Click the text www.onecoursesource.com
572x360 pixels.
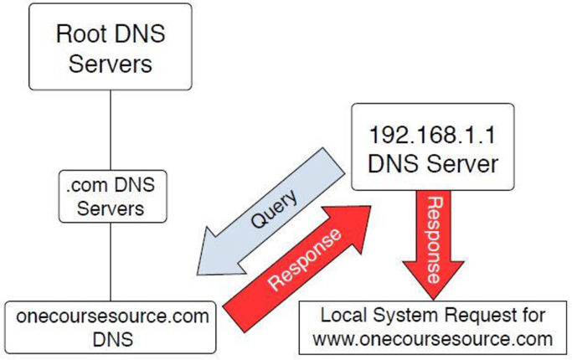pos(431,339)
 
